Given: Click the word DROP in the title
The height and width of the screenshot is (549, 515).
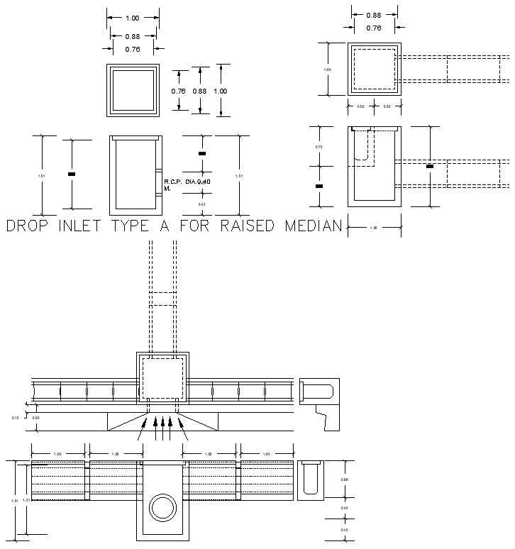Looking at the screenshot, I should [x=31, y=227].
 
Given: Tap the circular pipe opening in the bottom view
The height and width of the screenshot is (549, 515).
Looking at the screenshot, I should [x=163, y=509].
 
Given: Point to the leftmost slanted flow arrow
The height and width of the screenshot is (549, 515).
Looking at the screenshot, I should [x=144, y=428].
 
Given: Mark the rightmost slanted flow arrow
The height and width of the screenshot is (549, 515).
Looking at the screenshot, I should [x=184, y=428].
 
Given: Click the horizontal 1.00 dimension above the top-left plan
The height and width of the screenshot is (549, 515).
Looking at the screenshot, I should [x=133, y=18].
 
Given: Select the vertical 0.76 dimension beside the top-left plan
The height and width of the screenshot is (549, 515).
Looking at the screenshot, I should [x=178, y=91].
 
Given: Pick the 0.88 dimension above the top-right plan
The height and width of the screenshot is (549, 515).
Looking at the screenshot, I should [x=374, y=15].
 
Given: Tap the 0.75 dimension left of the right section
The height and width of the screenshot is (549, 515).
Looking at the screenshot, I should [x=319, y=147].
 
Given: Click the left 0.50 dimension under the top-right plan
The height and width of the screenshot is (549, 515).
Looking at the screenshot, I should [x=360, y=106].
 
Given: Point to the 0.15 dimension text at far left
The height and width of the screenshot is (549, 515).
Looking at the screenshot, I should [x=15, y=418].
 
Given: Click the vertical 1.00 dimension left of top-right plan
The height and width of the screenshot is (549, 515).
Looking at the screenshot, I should [x=327, y=70].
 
